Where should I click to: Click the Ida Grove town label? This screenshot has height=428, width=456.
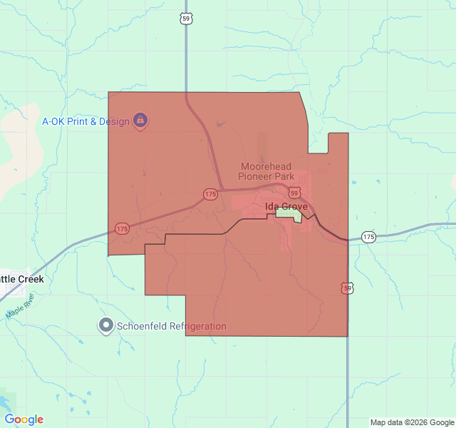286,207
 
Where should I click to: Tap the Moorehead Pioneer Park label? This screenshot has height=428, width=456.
266,171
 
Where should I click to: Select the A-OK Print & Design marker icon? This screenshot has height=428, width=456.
140,120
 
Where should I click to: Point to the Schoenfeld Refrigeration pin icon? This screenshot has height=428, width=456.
106,326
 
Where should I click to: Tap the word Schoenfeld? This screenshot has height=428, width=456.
141,327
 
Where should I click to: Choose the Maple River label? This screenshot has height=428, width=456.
19,308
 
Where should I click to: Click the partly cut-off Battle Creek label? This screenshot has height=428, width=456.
21,279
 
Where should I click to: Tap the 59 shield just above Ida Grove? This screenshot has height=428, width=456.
295,193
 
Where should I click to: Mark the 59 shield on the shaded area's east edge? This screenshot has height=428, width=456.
347,287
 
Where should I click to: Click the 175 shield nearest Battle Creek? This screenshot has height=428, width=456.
122,229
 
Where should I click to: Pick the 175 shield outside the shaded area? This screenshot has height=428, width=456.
368,237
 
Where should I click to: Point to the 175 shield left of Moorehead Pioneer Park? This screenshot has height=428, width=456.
210,194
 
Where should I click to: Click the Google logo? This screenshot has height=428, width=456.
24,419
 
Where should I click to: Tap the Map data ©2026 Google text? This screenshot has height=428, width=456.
412,422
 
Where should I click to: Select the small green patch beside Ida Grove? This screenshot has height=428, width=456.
289,213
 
